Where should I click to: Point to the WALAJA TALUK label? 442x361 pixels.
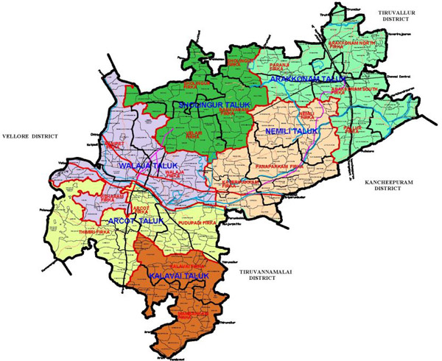coord(142,167)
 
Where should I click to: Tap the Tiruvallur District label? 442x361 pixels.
coord(396,17)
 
